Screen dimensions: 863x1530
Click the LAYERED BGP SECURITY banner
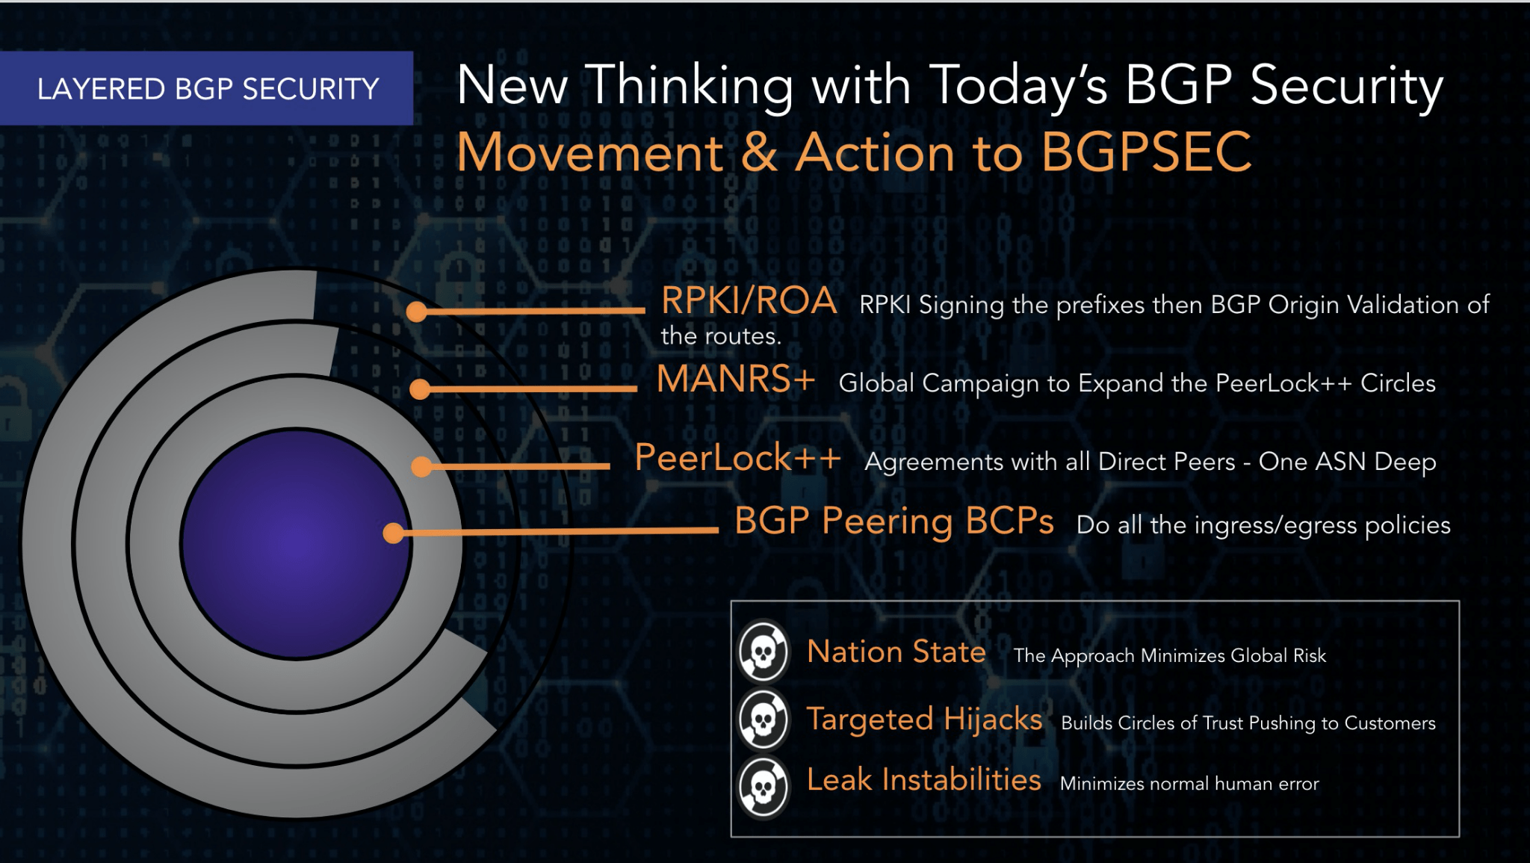pyautogui.click(x=207, y=88)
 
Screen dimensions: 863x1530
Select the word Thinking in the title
pyautogui.click(x=691, y=86)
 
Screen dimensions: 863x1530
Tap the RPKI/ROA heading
pyautogui.click(x=749, y=301)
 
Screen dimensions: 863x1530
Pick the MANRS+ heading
pyautogui.click(x=735, y=379)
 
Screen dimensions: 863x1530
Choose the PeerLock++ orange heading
pyautogui.click(x=737, y=457)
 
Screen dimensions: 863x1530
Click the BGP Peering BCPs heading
pyautogui.click(x=893, y=521)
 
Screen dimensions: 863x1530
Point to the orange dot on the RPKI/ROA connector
pyautogui.click(x=417, y=312)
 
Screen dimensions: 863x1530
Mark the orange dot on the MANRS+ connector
pyautogui.click(x=420, y=389)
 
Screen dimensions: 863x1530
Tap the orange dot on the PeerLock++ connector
pyautogui.click(x=422, y=467)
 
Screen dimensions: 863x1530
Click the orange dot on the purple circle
pyautogui.click(x=393, y=533)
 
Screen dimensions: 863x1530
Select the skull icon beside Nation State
pyautogui.click(x=763, y=652)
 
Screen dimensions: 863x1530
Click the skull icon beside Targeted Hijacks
pyautogui.click(x=763, y=720)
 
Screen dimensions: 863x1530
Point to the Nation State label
pyautogui.click(x=896, y=652)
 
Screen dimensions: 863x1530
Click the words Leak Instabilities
pyautogui.click(x=923, y=780)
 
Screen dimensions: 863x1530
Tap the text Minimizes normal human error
pyautogui.click(x=1189, y=784)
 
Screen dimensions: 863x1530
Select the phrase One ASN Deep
pyautogui.click(x=1347, y=462)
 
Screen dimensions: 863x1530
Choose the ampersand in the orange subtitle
pyautogui.click(x=760, y=152)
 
